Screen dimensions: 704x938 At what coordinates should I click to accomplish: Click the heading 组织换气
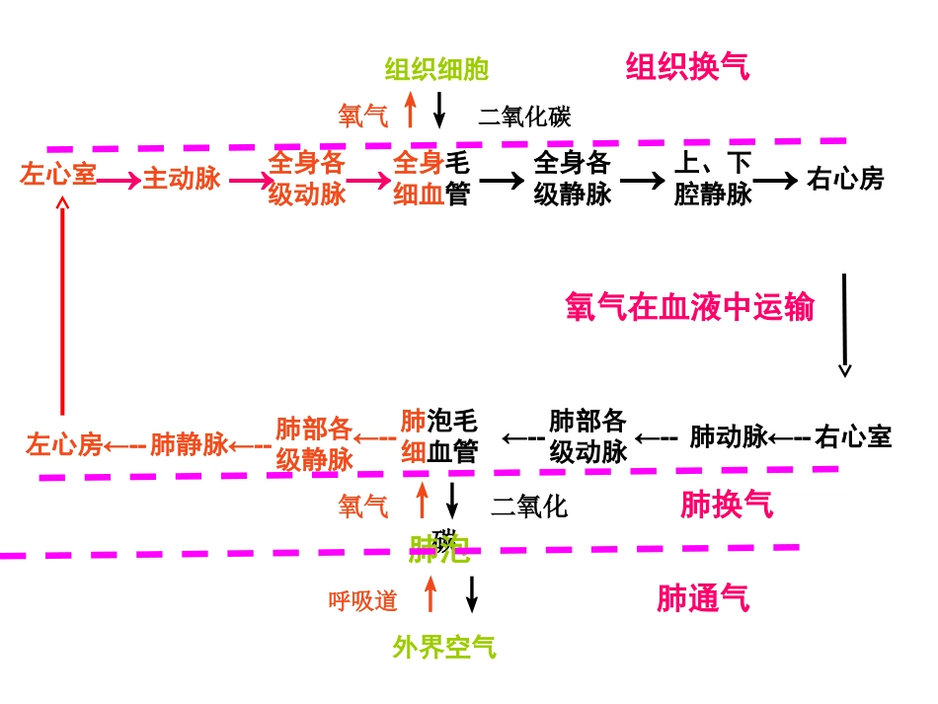pos(687,67)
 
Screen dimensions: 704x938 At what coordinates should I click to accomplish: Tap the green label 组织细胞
pos(436,69)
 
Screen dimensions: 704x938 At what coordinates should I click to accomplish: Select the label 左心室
pos(58,177)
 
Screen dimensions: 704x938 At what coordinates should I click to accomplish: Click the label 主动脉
pos(182,179)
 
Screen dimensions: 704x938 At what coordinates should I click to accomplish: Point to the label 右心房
pos(845,179)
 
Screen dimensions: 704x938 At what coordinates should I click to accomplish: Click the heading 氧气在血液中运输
pos(689,307)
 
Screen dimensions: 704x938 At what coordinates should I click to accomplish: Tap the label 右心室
pos(853,436)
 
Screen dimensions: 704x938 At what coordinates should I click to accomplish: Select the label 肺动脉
pos(729,436)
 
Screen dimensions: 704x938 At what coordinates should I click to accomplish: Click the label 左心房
pos(64,444)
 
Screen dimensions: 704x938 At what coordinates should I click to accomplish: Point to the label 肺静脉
pos(190,444)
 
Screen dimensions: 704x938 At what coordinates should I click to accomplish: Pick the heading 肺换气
pos(727,506)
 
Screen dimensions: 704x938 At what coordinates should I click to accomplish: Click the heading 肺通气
pos(703,598)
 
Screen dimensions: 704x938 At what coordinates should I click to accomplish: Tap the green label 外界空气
pos(444,648)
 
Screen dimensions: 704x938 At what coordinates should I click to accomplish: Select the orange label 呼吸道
pos(363,600)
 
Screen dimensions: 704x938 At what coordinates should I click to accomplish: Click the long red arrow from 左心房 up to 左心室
pos(63,306)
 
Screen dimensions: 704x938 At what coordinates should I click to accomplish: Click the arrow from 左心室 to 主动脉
pos(119,180)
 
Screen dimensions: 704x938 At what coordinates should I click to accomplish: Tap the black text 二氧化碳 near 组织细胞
pos(524,117)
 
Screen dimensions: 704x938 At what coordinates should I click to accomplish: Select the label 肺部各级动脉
pos(588,436)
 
